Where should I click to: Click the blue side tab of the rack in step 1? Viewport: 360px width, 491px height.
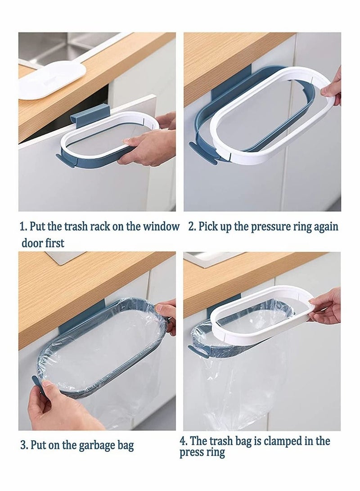tap(65, 160)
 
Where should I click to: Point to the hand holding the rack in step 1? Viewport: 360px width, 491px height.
tap(146, 146)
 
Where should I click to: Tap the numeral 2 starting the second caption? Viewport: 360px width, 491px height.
tap(191, 226)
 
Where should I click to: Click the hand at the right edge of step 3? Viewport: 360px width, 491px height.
tap(167, 315)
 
